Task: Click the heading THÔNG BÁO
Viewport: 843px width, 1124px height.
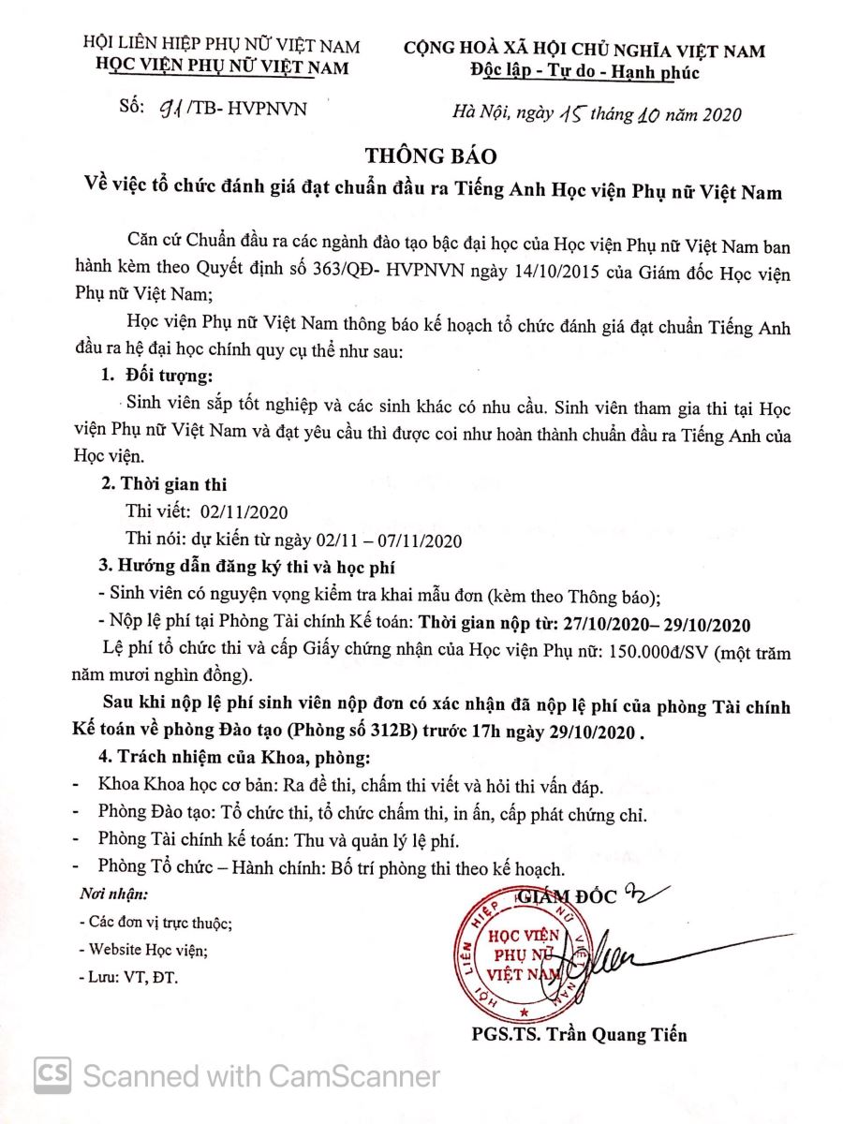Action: (x=431, y=155)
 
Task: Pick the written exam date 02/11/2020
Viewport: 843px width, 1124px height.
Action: (x=241, y=512)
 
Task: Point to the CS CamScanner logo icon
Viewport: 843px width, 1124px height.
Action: (x=52, y=1074)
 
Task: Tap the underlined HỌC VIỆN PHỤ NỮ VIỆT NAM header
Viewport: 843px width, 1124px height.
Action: (x=222, y=67)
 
